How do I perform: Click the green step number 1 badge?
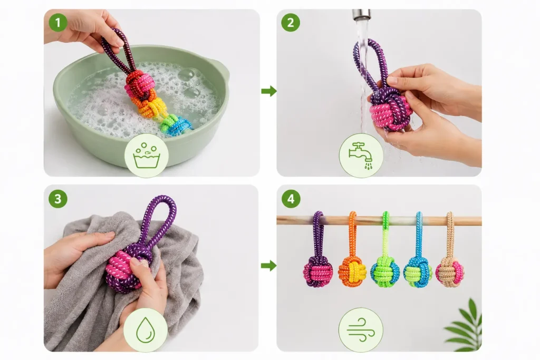pos(58,22)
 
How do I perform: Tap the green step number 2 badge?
pos(291,22)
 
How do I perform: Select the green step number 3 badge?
pos(58,199)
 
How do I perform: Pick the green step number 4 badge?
pos(291,199)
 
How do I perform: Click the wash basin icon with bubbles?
pos(147,155)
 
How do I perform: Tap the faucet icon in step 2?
pos(361,155)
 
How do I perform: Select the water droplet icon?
pos(146,330)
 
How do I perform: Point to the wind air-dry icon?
pos(361,330)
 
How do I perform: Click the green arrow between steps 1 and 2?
pos(269,91)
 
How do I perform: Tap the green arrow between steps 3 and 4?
pos(269,266)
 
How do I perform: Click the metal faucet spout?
pos(361,14)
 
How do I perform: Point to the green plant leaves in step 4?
pos(466,325)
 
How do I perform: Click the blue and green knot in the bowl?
pos(176,125)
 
